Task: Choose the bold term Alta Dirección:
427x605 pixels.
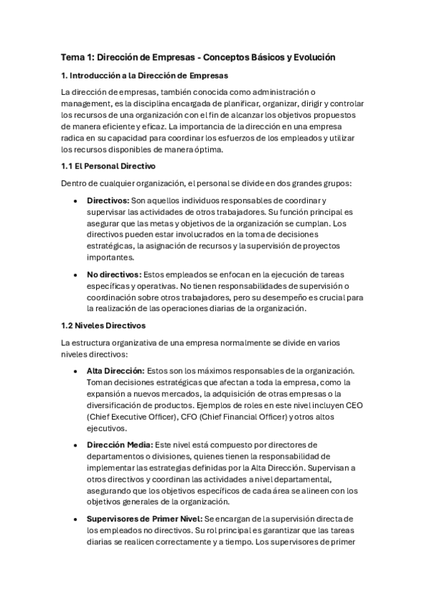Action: point(115,371)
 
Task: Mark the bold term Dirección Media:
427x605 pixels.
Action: point(118,444)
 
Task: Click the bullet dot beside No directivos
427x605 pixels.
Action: point(76,274)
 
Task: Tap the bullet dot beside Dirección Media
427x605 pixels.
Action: point(76,444)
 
